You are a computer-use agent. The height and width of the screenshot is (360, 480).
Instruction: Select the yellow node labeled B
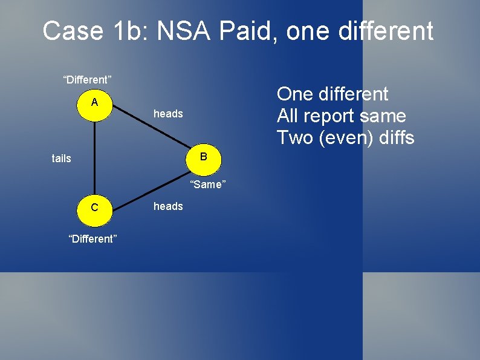coord(203,157)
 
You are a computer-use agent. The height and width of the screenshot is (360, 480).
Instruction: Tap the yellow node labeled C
coord(95,208)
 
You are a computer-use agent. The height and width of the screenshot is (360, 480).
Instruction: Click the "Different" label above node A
coord(88,79)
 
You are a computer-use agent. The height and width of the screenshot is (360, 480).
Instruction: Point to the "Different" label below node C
coord(93,239)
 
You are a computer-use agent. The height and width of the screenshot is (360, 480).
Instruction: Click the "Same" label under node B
coord(207,185)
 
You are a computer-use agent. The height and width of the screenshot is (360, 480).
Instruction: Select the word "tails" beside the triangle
coord(61,159)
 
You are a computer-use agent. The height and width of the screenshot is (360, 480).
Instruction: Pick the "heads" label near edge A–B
coord(168,114)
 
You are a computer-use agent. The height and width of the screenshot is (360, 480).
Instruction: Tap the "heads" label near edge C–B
coord(168,206)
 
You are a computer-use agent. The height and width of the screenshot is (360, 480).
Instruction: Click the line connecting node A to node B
coord(151,129)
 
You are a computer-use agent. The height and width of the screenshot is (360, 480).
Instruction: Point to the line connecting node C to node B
coord(151,182)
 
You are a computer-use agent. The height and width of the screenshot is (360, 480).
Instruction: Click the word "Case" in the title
coord(73,31)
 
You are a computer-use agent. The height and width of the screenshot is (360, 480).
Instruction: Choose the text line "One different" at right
coord(332,94)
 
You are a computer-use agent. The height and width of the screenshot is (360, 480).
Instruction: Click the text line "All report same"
coord(341,116)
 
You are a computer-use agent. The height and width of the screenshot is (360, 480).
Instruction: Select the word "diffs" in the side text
coord(396,137)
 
